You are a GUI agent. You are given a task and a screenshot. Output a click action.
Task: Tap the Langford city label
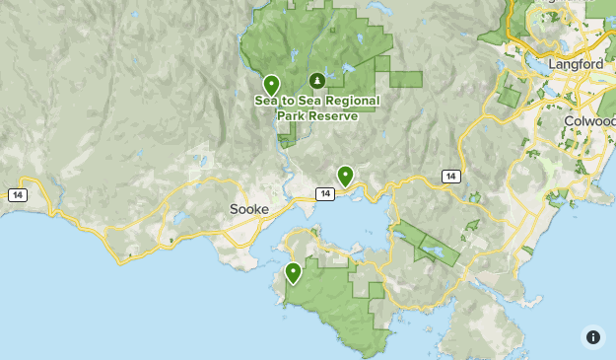577,64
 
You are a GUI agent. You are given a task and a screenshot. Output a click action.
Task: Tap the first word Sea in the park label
265,101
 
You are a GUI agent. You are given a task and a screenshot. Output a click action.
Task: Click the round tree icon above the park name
316,80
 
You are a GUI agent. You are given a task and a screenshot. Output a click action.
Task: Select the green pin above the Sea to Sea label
271,85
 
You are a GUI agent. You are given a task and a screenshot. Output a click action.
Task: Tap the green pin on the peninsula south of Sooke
293,272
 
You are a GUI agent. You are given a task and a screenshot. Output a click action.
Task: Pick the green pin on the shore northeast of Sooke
345,176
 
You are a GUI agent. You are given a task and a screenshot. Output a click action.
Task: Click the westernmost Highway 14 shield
17,194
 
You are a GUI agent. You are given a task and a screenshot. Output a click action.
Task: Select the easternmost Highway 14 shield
450,176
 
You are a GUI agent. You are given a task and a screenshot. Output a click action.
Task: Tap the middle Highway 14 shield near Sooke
323,193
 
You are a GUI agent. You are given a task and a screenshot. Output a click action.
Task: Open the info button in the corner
591,336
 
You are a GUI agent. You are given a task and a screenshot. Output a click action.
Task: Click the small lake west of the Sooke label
180,218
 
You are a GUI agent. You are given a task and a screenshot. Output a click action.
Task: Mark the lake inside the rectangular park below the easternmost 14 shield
434,251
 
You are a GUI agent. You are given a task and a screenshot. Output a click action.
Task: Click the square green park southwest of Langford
509,97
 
